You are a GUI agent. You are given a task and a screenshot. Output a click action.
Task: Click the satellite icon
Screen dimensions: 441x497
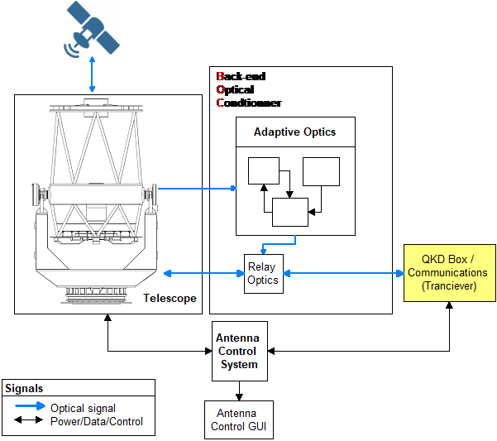(91, 30)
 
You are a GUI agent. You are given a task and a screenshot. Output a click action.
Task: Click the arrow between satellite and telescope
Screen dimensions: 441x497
(92, 76)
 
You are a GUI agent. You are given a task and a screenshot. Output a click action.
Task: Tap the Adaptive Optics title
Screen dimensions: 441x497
(295, 132)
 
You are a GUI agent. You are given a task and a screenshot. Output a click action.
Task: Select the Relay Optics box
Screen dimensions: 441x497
(263, 273)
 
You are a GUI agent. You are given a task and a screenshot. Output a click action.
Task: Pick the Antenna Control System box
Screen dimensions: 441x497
(238, 351)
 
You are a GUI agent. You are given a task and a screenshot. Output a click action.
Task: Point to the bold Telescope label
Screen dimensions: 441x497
(170, 298)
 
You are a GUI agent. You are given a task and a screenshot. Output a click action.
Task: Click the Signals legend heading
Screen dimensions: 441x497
(24, 388)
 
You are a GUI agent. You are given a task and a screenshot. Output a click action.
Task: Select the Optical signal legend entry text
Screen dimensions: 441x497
(84, 408)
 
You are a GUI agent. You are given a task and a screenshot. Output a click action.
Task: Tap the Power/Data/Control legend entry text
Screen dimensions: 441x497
(97, 421)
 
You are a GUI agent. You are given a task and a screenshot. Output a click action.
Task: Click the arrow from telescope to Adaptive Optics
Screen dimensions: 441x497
(197, 188)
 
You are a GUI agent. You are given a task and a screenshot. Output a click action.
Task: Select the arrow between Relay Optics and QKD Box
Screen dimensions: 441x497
(343, 273)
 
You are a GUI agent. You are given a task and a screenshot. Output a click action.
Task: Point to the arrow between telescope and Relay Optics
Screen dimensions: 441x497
(204, 273)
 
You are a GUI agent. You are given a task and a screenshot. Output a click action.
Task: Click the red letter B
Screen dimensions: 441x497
(221, 77)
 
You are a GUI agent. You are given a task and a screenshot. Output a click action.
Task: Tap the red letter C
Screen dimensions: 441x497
(221, 103)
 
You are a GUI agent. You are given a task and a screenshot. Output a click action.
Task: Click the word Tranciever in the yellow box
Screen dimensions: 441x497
(447, 285)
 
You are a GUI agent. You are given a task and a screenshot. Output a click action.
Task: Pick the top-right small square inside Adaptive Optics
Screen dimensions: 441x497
(321, 171)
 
